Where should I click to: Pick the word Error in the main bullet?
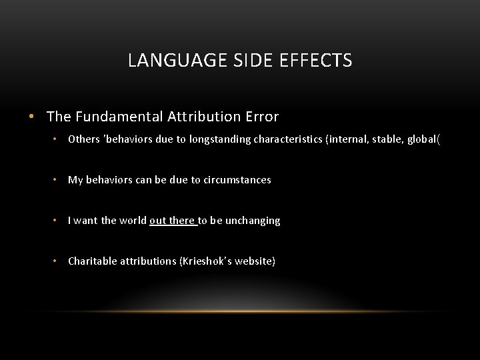tap(261, 117)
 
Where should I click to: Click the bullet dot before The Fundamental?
tap(31, 117)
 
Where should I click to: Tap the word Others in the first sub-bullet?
tap(83, 139)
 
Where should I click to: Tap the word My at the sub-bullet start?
tap(75, 180)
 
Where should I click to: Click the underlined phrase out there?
tap(173, 221)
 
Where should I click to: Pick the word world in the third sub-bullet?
tap(133, 221)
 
